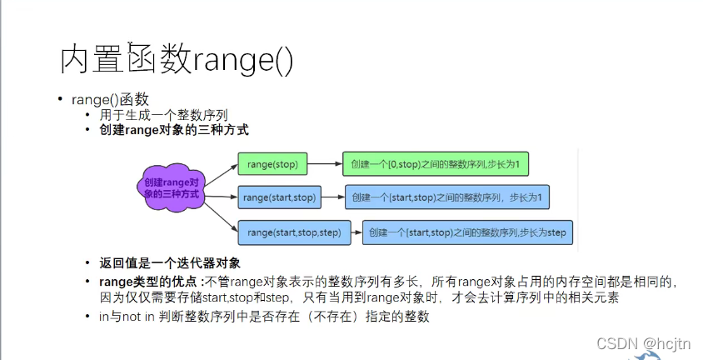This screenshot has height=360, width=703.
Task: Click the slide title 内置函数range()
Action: (x=177, y=61)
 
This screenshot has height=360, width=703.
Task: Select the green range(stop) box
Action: (x=272, y=164)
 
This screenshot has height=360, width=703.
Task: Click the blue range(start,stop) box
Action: (x=279, y=197)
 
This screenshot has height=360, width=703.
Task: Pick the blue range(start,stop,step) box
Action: (x=295, y=232)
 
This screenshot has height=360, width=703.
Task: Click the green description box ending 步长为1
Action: (x=435, y=164)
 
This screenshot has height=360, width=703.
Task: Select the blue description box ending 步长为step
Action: (x=467, y=232)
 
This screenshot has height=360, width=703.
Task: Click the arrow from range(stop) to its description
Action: (x=325, y=164)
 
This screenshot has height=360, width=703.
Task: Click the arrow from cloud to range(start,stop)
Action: (x=221, y=197)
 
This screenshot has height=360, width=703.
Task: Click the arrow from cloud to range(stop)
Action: (x=221, y=173)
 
